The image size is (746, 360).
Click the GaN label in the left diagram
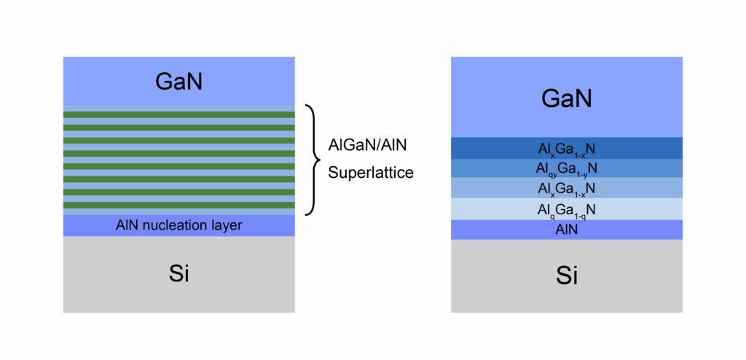[179, 82]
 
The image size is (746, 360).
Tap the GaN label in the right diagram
[567, 99]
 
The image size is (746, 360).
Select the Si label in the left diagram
[179, 274]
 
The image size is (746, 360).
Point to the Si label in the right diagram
[567, 275]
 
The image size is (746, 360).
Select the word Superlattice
[371, 173]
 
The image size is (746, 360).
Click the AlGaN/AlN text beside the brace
[367, 145]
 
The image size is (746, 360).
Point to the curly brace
[315, 160]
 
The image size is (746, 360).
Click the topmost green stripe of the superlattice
[179, 114]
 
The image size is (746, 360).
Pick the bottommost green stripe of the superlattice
[179, 206]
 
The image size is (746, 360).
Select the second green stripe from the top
[179, 128]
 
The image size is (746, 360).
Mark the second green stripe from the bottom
[179, 192]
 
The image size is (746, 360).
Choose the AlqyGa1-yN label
[567, 168]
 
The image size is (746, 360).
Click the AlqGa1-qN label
[567, 210]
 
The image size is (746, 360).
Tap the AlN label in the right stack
[567, 230]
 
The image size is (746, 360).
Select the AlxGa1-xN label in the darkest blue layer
[567, 149]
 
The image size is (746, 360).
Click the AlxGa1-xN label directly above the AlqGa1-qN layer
[567, 189]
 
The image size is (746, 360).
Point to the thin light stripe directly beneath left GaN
[179, 108]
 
